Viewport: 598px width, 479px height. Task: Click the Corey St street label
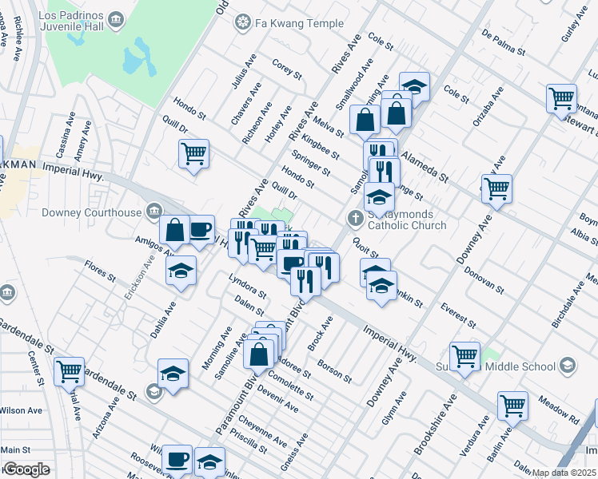coord(286,69)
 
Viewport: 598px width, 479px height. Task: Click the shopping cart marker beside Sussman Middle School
coord(464,356)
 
